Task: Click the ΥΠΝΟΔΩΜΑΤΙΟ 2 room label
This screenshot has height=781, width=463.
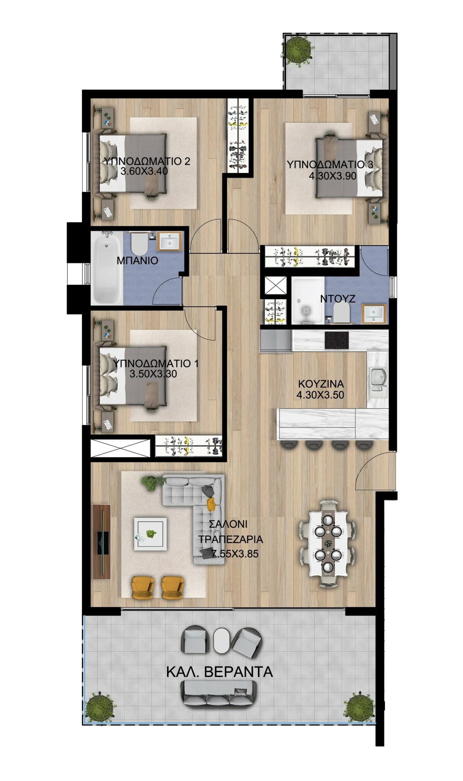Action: click(x=147, y=161)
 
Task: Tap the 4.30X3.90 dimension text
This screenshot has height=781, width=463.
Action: click(x=332, y=176)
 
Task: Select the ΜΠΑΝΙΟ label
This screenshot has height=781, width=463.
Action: click(x=137, y=261)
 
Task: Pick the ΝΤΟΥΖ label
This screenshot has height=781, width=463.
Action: click(x=338, y=299)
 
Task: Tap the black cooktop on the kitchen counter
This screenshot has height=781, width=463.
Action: click(x=337, y=340)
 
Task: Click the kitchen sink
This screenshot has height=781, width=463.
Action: click(x=378, y=379)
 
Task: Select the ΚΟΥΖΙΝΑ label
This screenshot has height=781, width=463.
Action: click(x=321, y=383)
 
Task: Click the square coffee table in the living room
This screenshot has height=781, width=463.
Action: click(x=150, y=534)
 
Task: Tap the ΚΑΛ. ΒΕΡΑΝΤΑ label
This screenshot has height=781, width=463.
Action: click(x=220, y=672)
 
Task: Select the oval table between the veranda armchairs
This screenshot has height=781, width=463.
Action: click(x=222, y=639)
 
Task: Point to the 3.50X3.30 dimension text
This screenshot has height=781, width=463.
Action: click(x=153, y=374)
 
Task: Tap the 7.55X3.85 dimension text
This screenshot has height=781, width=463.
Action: click(x=235, y=554)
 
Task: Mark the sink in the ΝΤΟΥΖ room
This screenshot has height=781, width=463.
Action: click(x=374, y=314)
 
